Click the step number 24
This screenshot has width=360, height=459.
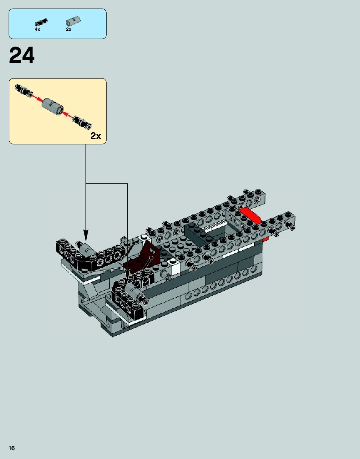pos(22,56)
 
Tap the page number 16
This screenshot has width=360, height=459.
pos(12,448)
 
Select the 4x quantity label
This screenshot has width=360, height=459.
pos(37,29)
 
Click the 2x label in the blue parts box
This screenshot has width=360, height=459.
pos(68,29)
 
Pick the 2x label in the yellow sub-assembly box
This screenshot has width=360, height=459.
pos(96,136)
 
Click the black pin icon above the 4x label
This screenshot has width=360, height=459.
pos(41,22)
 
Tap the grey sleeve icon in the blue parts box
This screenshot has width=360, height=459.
pos(73,21)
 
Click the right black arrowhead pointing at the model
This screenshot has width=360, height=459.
pos(127,274)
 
